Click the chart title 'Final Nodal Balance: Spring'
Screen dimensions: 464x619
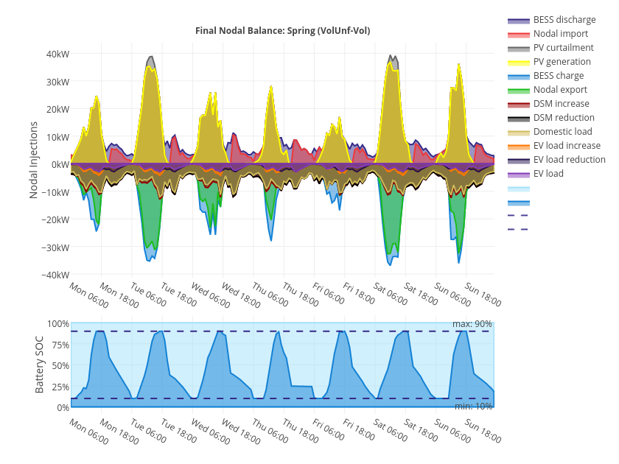pyautogui.click(x=282, y=31)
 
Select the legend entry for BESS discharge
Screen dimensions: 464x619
pyautogui.click(x=564, y=20)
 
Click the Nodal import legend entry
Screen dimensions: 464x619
pyautogui.click(x=561, y=34)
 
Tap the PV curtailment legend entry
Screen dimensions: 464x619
pyautogui.click(x=563, y=48)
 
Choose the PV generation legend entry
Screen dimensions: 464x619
pyautogui.click(x=562, y=62)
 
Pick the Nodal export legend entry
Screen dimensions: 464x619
pyautogui.click(x=560, y=90)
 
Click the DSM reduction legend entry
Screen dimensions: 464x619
pyautogui.click(x=564, y=118)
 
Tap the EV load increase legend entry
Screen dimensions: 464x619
pyautogui.click(x=567, y=146)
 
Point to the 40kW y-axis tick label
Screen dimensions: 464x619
pyautogui.click(x=57, y=54)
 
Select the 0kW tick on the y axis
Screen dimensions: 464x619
pyautogui.click(x=60, y=164)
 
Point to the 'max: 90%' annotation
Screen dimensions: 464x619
pyautogui.click(x=472, y=324)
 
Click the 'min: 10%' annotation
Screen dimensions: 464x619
pyautogui.click(x=473, y=407)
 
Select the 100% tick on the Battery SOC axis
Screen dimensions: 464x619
pyautogui.click(x=58, y=324)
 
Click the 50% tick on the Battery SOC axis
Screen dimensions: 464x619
pyautogui.click(x=60, y=365)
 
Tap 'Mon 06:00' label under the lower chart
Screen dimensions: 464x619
pyautogui.click(x=88, y=432)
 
